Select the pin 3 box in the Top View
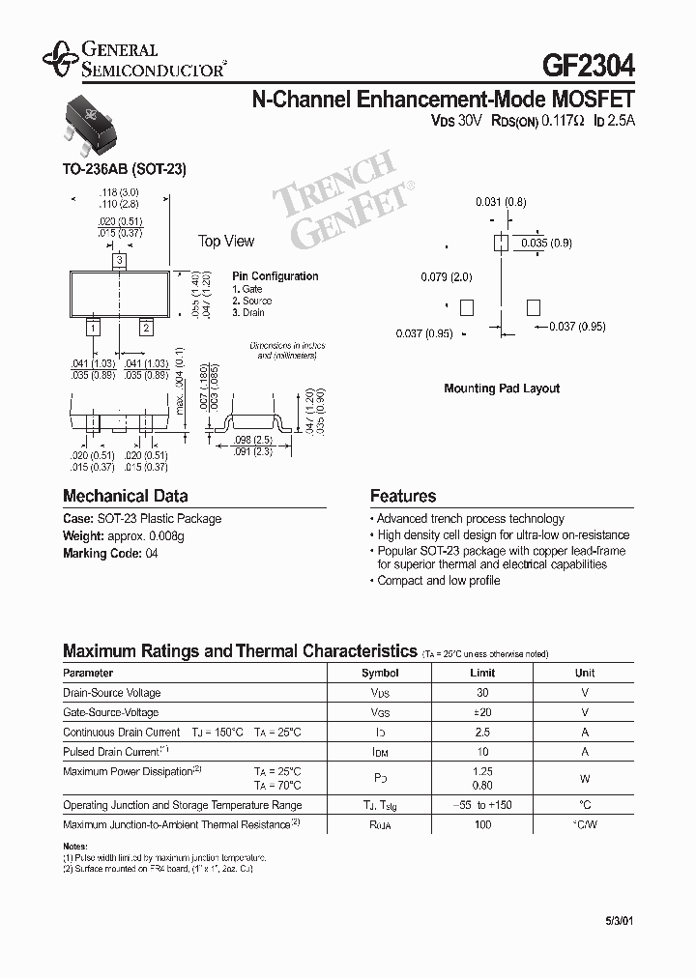(119, 260)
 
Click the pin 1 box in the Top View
(93, 329)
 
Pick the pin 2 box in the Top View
(146, 329)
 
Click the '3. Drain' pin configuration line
(248, 313)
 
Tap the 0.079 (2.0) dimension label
(446, 277)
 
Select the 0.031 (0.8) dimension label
(500, 202)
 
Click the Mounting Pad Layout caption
(502, 388)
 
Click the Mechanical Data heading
(125, 496)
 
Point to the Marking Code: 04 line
(110, 554)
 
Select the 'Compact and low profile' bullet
(438, 581)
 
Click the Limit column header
(482, 673)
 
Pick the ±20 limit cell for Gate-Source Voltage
(482, 712)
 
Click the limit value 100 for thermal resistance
(482, 824)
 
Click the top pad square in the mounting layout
(501, 243)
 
